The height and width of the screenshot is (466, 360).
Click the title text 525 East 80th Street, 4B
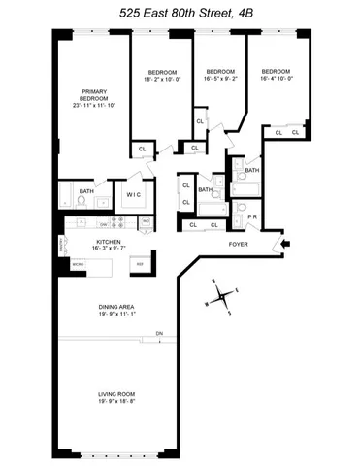point(180,12)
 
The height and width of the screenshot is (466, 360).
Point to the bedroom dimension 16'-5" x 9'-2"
point(221,78)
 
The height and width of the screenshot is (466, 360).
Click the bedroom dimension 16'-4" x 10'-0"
point(278,78)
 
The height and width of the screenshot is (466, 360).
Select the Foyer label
point(238,244)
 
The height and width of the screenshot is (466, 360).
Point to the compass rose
point(222,294)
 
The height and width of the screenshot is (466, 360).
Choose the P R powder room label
point(252,216)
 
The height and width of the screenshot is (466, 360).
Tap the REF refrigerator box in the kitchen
point(139,264)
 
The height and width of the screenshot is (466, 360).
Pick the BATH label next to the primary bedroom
point(86,191)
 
